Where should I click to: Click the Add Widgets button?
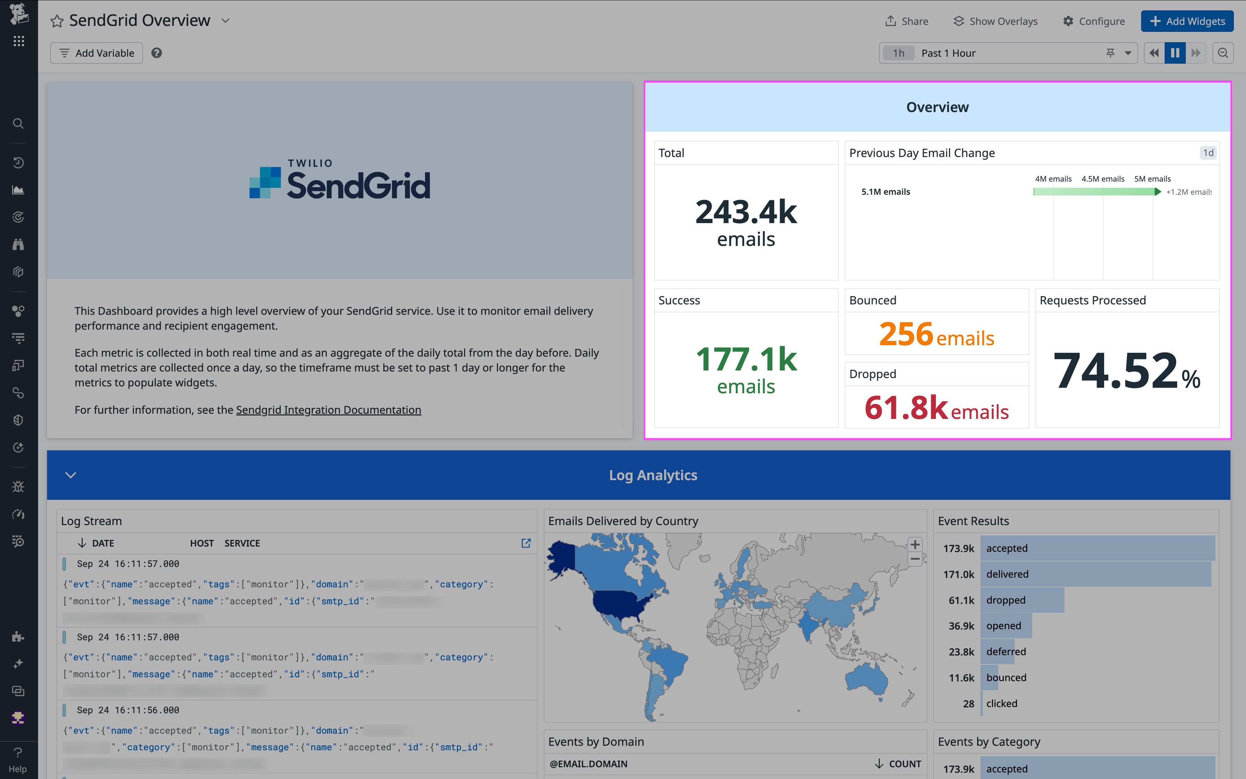pyautogui.click(x=1187, y=21)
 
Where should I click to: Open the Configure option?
pyautogui.click(x=1094, y=21)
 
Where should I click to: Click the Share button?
pyautogui.click(x=907, y=21)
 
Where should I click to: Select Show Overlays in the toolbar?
pyautogui.click(x=995, y=21)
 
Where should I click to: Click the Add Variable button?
pyautogui.click(x=97, y=53)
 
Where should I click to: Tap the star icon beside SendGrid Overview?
pyautogui.click(x=57, y=21)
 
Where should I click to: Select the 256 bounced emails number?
pyautogui.click(x=906, y=334)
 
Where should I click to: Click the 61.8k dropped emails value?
pyautogui.click(x=906, y=407)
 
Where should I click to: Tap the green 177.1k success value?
pyautogui.click(x=746, y=359)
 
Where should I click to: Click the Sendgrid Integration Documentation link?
pyautogui.click(x=328, y=410)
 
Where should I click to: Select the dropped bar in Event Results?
pyautogui.click(x=1022, y=600)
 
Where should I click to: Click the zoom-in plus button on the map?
pyautogui.click(x=915, y=544)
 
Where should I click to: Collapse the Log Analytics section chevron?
pyautogui.click(x=71, y=475)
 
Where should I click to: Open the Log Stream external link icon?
pyautogui.click(x=526, y=543)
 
